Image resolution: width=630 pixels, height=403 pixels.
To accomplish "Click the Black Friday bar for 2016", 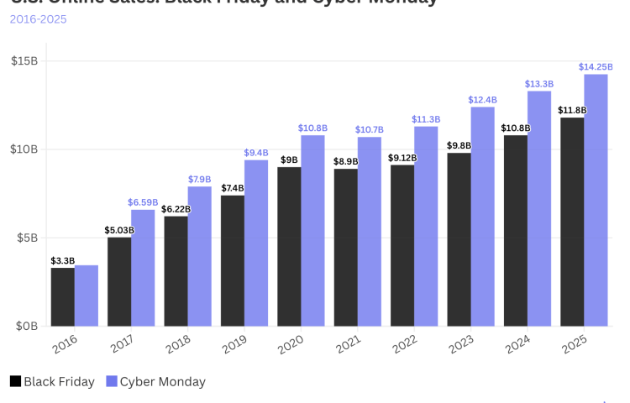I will pos(62,296).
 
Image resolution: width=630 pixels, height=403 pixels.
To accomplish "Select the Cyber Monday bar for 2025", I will pos(596,200).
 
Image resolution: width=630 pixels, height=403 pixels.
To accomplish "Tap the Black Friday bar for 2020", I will pos(289,246).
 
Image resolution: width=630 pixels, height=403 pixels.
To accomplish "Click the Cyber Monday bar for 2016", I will pos(87,296).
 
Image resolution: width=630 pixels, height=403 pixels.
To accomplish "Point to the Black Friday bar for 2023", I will pos(459,239).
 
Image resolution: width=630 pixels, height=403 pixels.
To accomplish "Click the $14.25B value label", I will pos(595,66).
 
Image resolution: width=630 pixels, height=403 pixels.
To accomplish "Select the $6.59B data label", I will pos(143,202).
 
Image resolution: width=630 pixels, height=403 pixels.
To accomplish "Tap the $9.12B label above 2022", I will pos(402,157).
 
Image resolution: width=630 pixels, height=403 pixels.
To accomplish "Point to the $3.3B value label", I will pos(62,260).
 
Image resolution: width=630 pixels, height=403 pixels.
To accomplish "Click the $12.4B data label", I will pos(482,100).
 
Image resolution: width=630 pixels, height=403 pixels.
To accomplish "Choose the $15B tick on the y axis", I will pos(24,60).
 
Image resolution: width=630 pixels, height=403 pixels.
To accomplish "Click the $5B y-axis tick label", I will pos(27,238).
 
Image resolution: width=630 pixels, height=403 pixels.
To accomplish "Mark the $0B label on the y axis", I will pos(27,326).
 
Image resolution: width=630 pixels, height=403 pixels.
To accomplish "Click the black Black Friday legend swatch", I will pos(15,381).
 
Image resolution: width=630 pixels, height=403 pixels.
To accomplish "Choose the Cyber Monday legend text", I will pos(162,381).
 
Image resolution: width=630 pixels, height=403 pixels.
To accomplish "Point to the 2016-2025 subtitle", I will pos(39,18).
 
